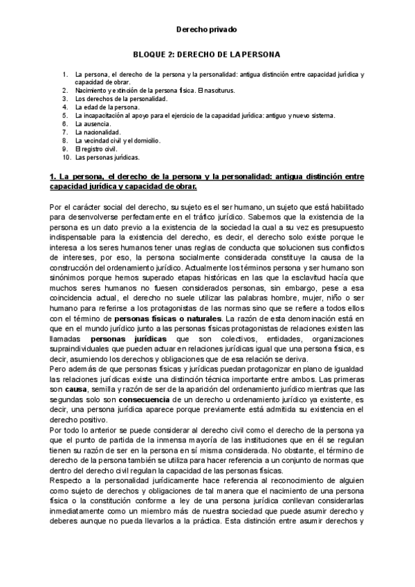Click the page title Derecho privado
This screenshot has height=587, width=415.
point(206,30)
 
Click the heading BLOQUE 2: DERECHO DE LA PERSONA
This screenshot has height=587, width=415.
point(206,53)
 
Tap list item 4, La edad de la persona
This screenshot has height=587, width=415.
point(107,107)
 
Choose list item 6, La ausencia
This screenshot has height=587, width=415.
point(95,123)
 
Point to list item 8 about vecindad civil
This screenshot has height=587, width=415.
point(118,140)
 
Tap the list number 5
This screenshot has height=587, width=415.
point(64,115)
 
